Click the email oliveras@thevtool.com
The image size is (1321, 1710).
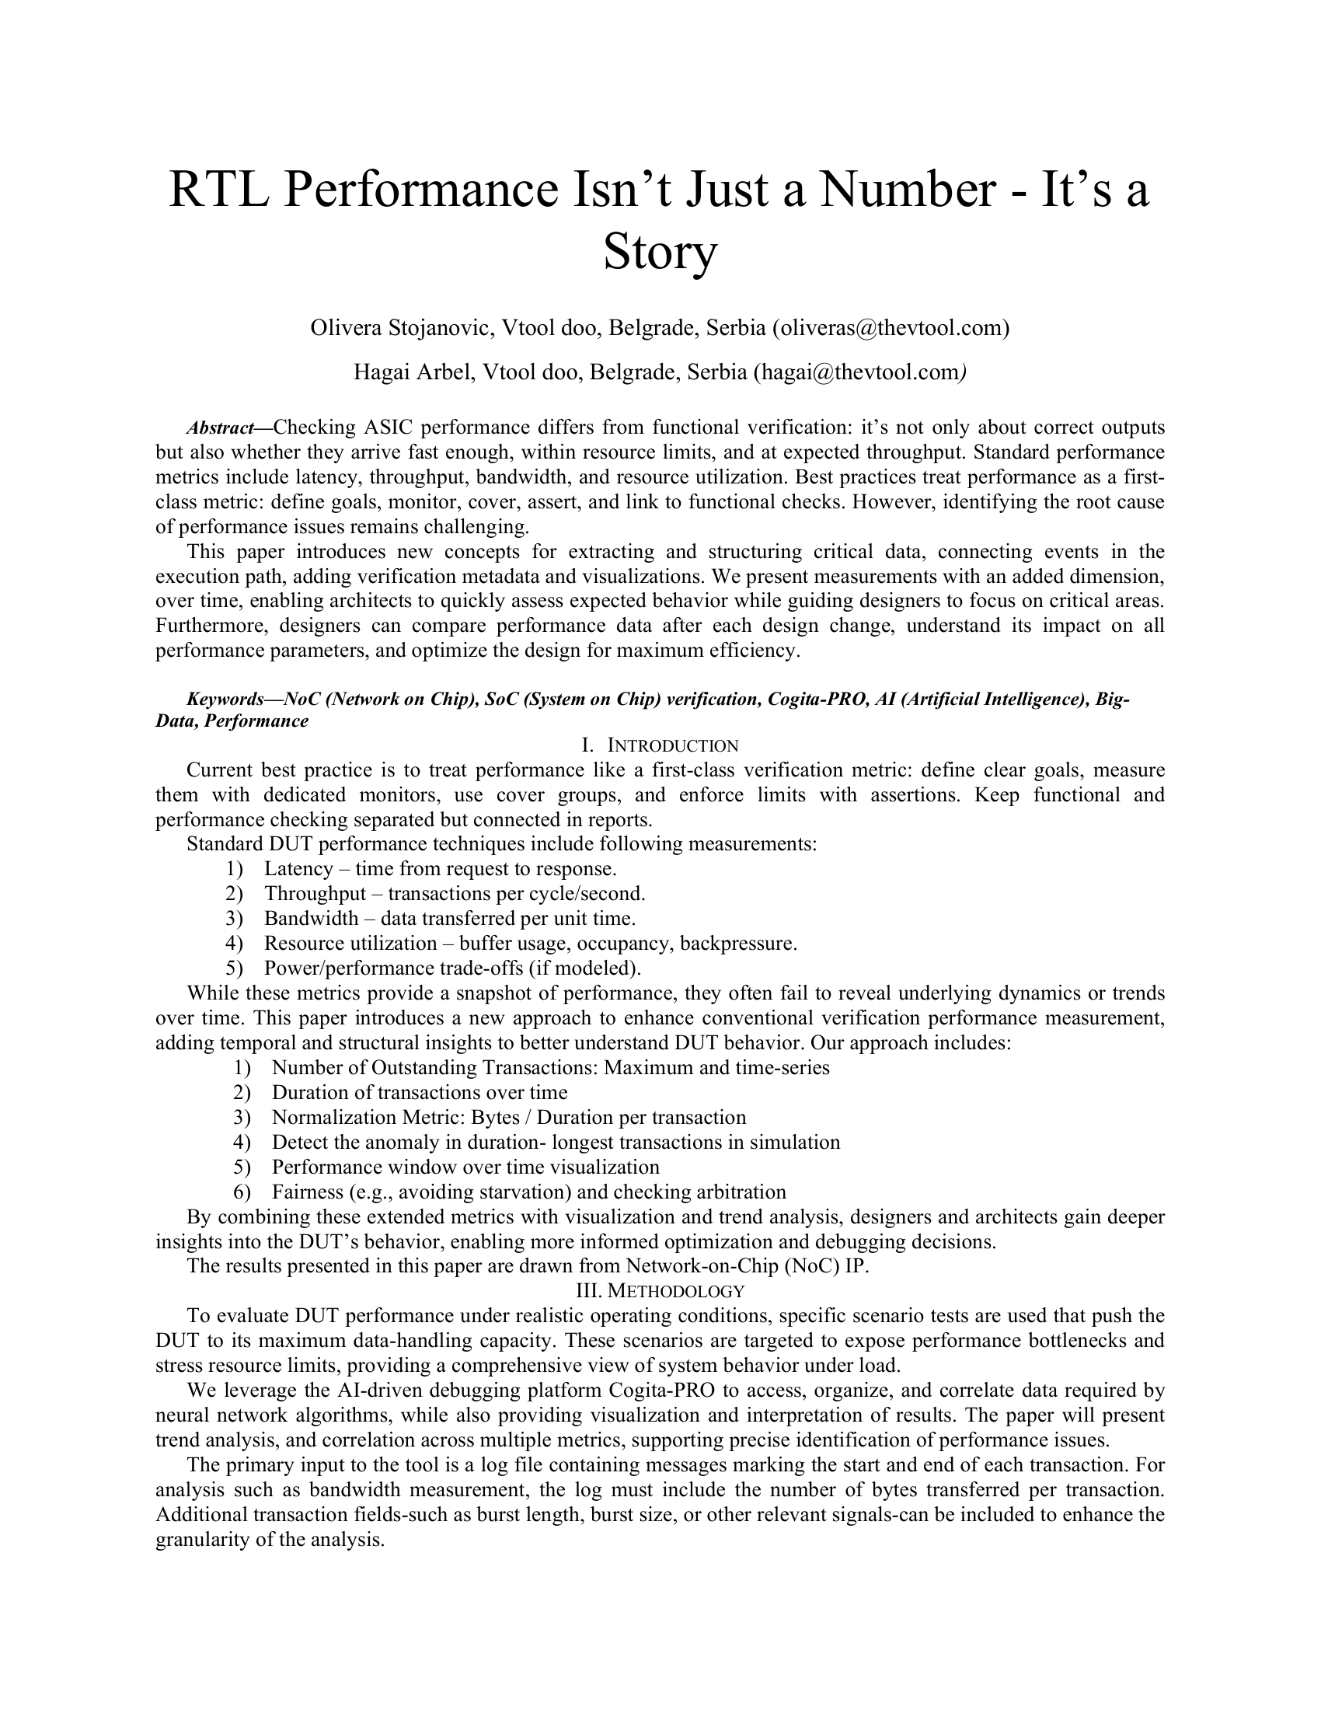click(x=891, y=327)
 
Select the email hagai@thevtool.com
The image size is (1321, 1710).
click(x=858, y=371)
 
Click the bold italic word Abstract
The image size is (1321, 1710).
click(x=220, y=427)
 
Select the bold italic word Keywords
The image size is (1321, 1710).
click(x=224, y=700)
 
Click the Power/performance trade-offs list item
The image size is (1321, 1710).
click(x=452, y=968)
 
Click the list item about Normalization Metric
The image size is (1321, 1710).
click(x=509, y=1116)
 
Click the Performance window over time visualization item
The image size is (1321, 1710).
click(x=465, y=1167)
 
